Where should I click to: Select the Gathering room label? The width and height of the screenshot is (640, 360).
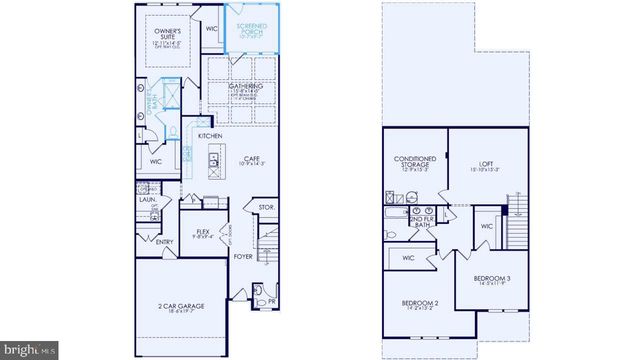246,87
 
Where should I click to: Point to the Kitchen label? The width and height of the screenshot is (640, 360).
209,135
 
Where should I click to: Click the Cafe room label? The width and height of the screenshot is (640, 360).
250,158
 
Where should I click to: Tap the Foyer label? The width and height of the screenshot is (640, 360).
243,257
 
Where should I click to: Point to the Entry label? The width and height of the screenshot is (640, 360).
165,242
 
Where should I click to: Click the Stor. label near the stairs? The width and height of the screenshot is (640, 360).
266,209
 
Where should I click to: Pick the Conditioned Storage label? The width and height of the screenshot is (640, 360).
412,164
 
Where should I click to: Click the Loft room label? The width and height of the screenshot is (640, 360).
487,164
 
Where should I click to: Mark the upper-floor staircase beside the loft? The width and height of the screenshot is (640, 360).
517,225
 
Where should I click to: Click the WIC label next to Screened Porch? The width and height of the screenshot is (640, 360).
212,29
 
